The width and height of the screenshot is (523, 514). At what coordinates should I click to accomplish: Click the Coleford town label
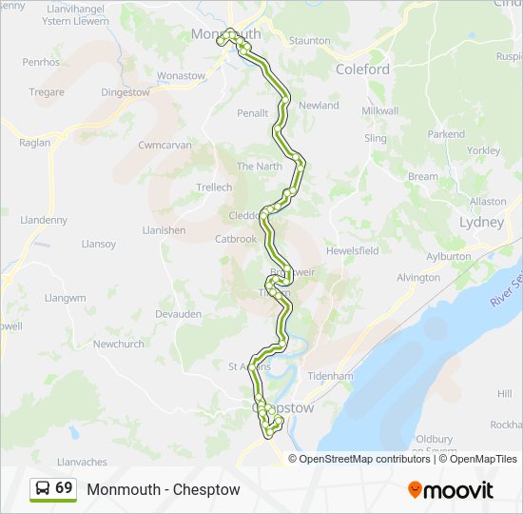point(362,69)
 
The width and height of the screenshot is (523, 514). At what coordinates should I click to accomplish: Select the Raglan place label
point(34,143)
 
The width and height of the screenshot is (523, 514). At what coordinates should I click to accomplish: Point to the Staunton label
point(310,41)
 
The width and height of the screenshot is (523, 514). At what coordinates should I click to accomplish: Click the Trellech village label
point(214,188)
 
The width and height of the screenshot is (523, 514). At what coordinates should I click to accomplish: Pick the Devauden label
point(179,313)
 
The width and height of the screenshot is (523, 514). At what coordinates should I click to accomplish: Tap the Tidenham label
point(357,376)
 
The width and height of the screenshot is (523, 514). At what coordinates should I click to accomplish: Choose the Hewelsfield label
point(353,250)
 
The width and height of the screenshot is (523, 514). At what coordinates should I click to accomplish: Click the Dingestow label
point(126,92)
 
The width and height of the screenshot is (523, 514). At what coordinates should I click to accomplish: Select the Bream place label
point(423,176)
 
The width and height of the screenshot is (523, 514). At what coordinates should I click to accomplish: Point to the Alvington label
point(418,278)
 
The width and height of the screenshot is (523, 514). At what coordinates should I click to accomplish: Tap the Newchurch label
point(118,344)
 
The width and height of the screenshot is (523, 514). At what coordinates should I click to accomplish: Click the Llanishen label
point(164,230)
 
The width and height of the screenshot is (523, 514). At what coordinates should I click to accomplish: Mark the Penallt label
point(252,113)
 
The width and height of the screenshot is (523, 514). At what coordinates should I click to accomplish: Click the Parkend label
point(446,134)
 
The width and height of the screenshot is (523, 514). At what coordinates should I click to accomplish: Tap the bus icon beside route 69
point(43,488)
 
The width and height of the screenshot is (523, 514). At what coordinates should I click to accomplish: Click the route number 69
point(64,488)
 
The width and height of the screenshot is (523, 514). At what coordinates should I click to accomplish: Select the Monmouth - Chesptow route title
point(164,489)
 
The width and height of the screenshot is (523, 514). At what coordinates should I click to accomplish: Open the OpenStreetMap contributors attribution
point(365,459)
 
